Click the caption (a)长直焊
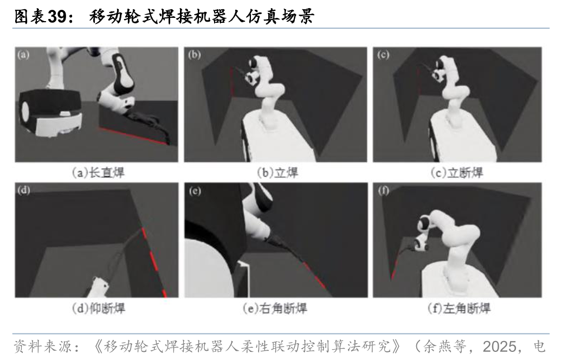click(x=98, y=172)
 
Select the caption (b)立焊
click(x=277, y=172)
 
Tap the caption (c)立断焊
click(x=457, y=172)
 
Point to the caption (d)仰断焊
click(x=99, y=308)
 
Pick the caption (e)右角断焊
click(x=275, y=308)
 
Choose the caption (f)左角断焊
click(x=459, y=308)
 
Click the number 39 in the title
click(x=57, y=16)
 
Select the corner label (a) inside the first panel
click(x=23, y=55)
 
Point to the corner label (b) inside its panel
click(x=195, y=55)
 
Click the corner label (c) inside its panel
click(x=383, y=55)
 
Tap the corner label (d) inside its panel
click(x=24, y=190)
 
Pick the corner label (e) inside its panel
click(x=195, y=191)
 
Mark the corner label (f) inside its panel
click(x=384, y=191)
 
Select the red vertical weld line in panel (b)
click(x=232, y=81)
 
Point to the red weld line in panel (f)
click(x=395, y=265)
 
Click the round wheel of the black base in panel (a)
click(x=25, y=112)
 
